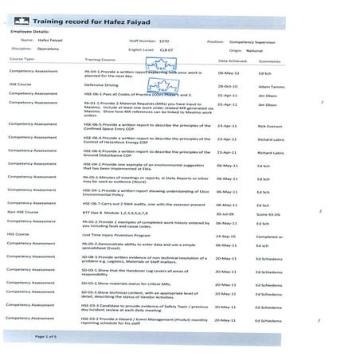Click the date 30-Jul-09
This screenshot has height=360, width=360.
[x=227, y=214]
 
